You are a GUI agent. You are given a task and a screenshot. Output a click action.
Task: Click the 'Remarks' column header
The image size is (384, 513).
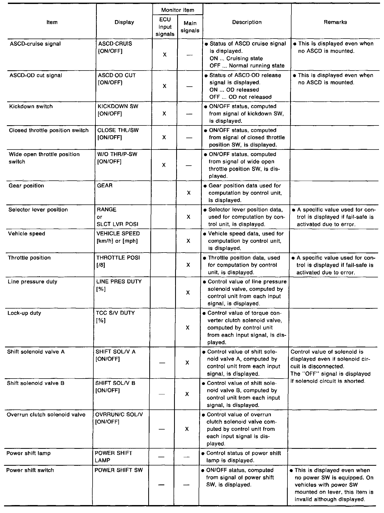pyautogui.click(x=335, y=22)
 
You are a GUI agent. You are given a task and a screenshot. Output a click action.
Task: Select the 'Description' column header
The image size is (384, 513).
pyautogui.click(x=247, y=22)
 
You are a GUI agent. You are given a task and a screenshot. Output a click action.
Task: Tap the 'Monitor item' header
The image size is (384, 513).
pyautogui.click(x=177, y=10)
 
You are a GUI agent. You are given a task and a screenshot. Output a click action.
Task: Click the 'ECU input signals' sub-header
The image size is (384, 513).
pyautogui.click(x=165, y=27)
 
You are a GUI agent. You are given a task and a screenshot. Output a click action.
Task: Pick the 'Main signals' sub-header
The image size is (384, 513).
pyautogui.click(x=190, y=27)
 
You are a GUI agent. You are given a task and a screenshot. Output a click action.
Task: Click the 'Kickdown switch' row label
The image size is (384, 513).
pyautogui.click(x=31, y=106)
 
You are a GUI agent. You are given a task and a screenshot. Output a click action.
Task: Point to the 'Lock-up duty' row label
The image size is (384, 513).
pyautogui.click(x=24, y=313)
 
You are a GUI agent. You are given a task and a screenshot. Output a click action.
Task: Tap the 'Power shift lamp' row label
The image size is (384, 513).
pyautogui.click(x=28, y=453)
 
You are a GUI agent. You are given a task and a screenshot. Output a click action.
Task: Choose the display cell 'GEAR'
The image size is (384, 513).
pyautogui.click(x=105, y=186)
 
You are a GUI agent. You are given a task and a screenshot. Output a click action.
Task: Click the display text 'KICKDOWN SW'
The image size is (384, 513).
pyautogui.click(x=118, y=106)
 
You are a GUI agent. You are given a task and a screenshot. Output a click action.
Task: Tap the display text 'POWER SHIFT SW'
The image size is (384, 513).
pyautogui.click(x=118, y=470)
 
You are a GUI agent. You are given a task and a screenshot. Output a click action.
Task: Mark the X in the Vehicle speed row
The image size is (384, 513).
pyautogui.click(x=188, y=241)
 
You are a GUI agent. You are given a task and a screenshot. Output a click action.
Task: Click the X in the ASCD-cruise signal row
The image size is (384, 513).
pyautogui.click(x=165, y=55)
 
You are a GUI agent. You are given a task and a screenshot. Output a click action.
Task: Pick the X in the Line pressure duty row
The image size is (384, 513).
pyautogui.click(x=188, y=293)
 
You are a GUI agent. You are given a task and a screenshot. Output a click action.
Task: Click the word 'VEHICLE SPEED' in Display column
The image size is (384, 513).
pyautogui.click(x=118, y=234)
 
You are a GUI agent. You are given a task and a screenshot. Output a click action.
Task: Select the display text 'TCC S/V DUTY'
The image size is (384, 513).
pyautogui.click(x=116, y=313)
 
